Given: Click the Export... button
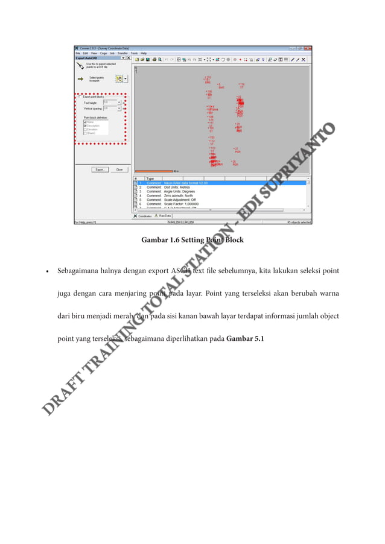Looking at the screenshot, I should point(100,169).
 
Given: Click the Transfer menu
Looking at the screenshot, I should point(122,53).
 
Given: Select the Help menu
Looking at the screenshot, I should point(144,53).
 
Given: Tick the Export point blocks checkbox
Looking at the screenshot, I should point(80,96).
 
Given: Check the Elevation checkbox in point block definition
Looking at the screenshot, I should point(85,128).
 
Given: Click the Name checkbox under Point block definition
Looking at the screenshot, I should point(85,121).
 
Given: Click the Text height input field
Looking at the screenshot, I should point(111,103).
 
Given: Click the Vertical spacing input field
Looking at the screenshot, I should point(111,109).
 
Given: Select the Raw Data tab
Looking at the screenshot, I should point(164,215).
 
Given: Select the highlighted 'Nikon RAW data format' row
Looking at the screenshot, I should point(181,183).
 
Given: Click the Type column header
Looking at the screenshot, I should point(151,179).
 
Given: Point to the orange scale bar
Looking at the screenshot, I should point(153,171).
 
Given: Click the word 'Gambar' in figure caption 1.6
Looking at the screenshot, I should point(154,241).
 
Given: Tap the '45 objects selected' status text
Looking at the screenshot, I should point(298,222).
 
